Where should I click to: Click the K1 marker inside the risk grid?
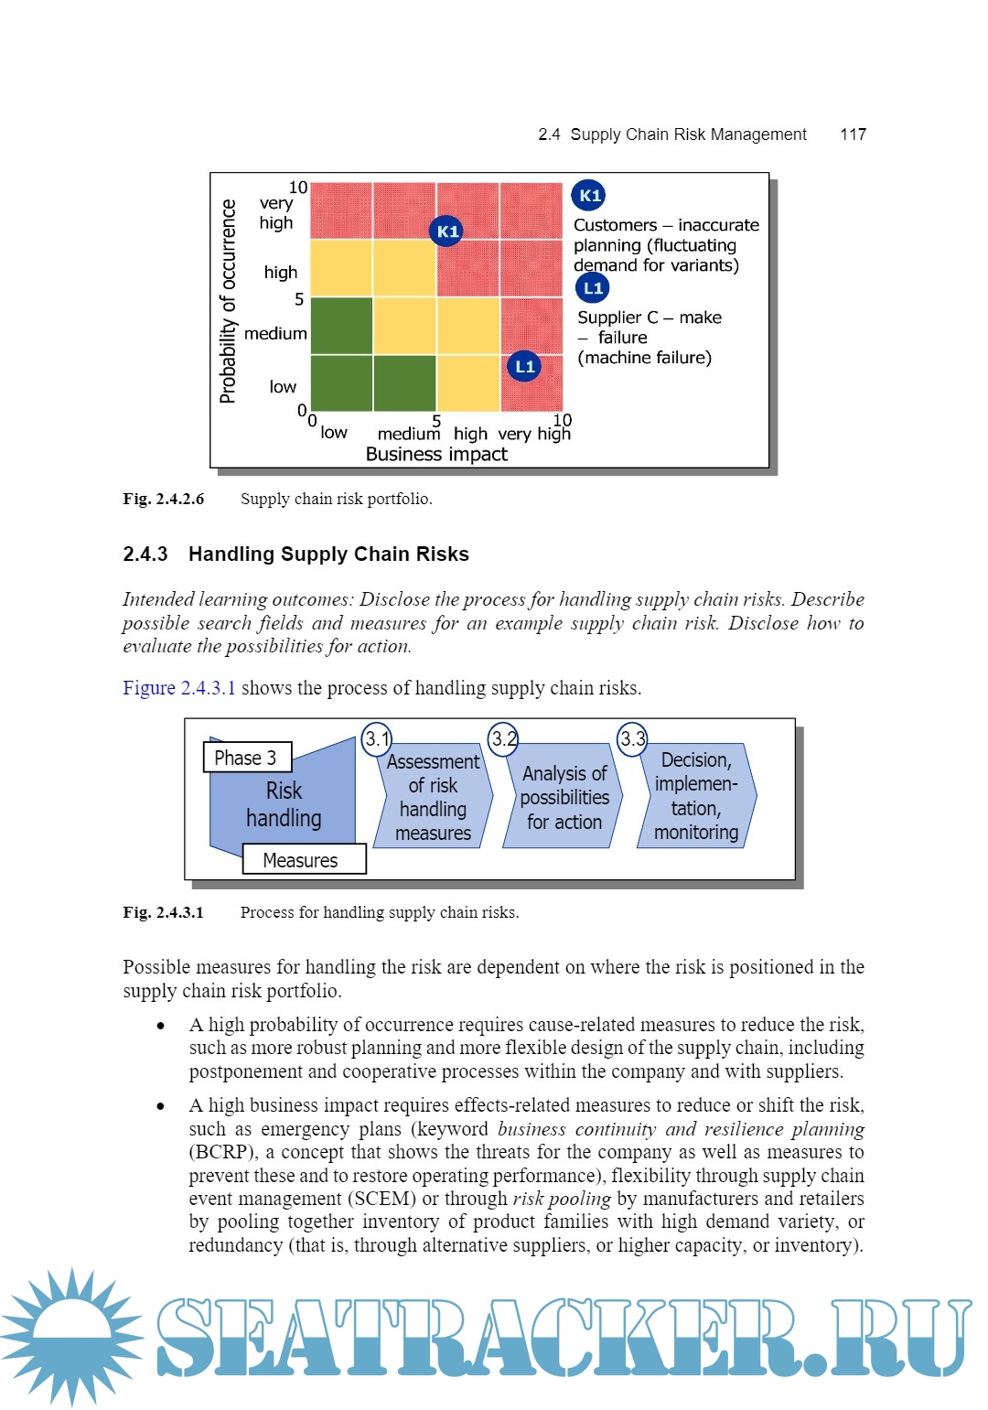[x=446, y=231]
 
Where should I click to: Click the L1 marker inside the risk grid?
[x=524, y=367]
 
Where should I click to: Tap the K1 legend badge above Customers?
[x=589, y=195]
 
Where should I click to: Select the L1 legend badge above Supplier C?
[x=593, y=288]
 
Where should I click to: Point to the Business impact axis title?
[x=436, y=454]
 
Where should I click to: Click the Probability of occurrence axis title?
[x=228, y=301]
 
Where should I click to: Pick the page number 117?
[x=853, y=135]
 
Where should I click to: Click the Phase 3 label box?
[x=246, y=758]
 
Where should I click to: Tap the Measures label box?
[x=303, y=860]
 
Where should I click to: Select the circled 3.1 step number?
[x=377, y=738]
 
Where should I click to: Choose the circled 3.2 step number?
[x=503, y=738]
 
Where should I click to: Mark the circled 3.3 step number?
[x=632, y=738]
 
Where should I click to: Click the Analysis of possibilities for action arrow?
[x=564, y=797]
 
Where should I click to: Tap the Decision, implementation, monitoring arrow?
[x=696, y=796]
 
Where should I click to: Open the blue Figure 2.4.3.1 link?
[x=179, y=688]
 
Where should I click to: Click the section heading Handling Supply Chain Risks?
[x=328, y=554]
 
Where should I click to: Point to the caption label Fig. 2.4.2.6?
[x=164, y=499]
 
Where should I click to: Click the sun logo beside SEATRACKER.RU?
[x=71, y=1337]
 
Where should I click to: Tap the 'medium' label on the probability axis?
[x=275, y=334]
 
